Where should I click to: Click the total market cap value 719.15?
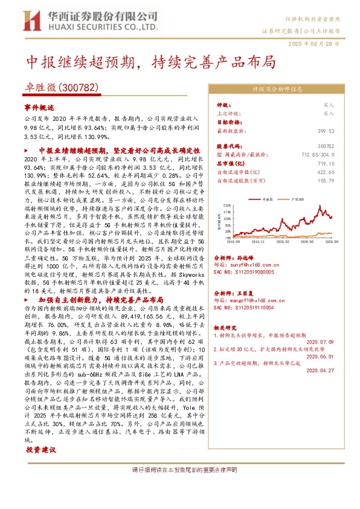click(x=326, y=163)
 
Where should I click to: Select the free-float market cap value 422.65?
click(x=326, y=172)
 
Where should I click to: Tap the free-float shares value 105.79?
click(x=326, y=180)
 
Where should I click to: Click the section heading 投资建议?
click(x=41, y=450)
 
